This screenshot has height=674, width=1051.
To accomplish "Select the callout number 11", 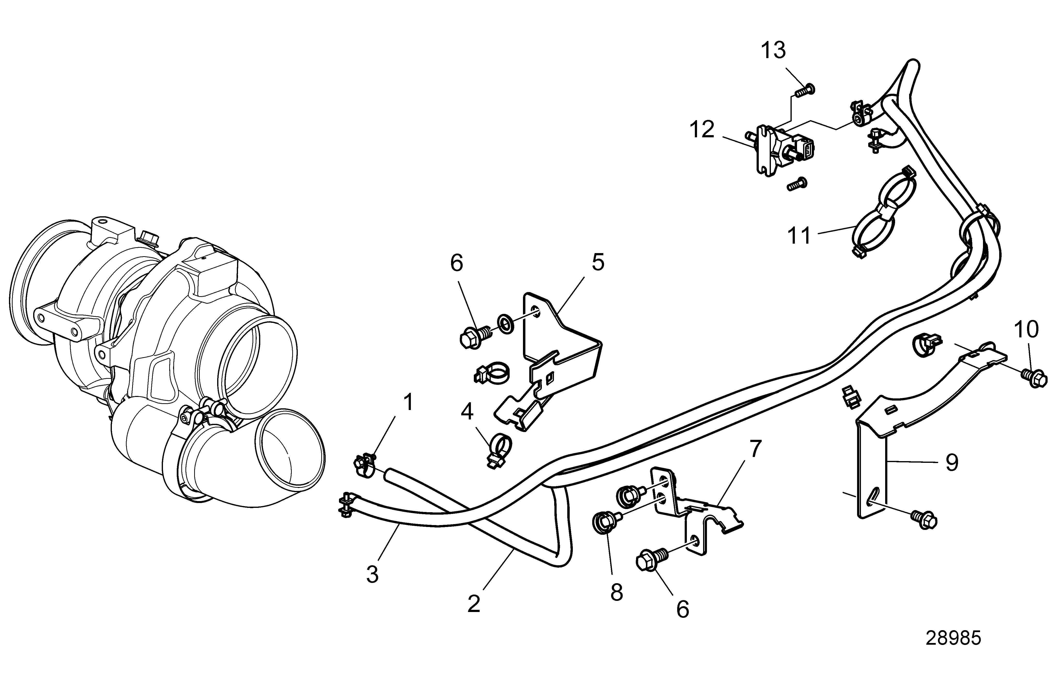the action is point(799,235).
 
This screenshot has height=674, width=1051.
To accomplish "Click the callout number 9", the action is point(952,463).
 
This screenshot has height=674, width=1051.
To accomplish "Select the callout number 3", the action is point(372,574).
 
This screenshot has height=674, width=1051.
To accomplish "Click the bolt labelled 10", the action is point(1034,377).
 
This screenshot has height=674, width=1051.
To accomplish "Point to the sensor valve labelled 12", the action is point(779,149).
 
